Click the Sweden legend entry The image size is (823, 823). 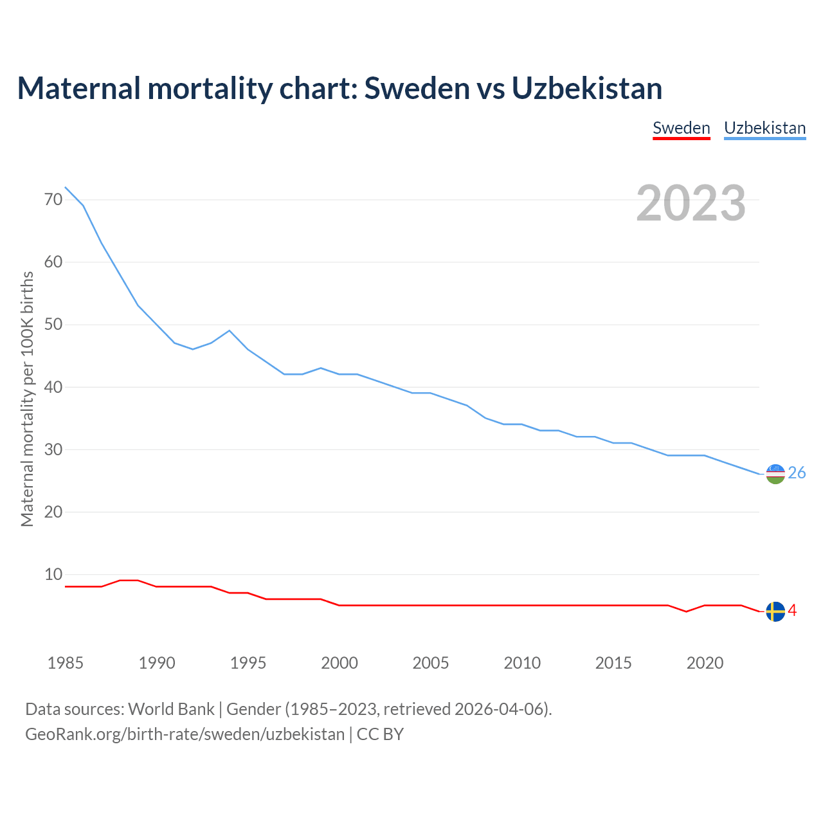click(681, 128)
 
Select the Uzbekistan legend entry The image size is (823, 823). click(764, 128)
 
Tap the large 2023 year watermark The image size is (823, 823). click(691, 203)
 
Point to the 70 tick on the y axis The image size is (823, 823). click(53, 200)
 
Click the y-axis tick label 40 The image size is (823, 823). click(53, 387)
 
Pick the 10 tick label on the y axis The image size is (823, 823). click(53, 574)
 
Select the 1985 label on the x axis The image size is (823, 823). click(65, 663)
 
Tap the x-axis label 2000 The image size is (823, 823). click(339, 663)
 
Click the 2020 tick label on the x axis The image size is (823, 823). click(705, 663)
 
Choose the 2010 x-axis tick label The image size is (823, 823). click(522, 663)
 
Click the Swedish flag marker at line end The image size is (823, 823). click(775, 611)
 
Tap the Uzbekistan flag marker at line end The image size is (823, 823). click(775, 474)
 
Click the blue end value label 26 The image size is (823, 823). click(797, 473)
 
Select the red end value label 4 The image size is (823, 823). click(792, 611)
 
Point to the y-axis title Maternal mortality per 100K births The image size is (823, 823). click(27, 399)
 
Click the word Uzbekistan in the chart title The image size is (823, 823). click(587, 89)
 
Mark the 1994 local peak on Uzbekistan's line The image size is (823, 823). click(230, 330)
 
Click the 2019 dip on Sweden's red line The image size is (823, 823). click(687, 611)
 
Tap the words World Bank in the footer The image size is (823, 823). click(171, 709)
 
